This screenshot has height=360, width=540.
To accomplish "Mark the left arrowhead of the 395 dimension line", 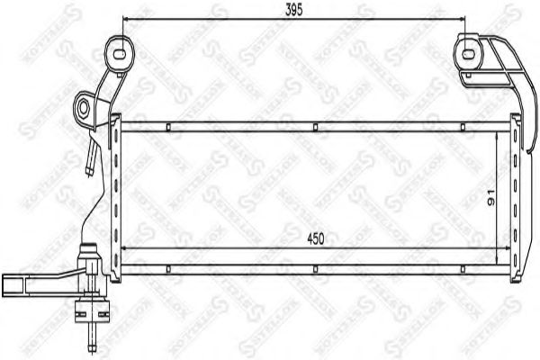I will click(125, 21).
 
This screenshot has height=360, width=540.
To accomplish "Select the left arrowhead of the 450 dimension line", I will click(124, 247).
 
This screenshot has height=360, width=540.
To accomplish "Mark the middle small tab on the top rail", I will click(314, 127).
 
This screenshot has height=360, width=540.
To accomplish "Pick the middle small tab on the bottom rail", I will click(314, 267).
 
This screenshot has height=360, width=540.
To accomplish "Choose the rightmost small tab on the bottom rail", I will click(461, 267).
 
